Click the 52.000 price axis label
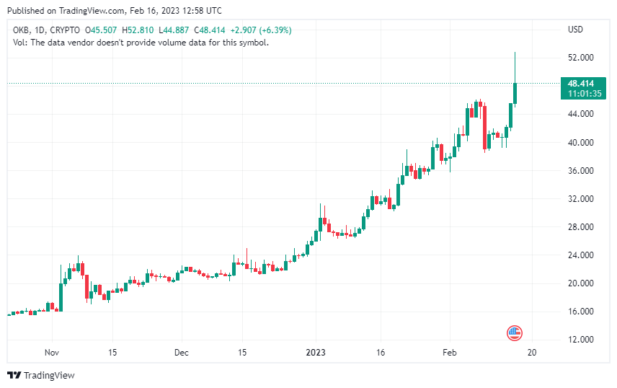[581, 58]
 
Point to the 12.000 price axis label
[581, 340]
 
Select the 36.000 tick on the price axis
[581, 171]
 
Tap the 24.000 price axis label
[581, 255]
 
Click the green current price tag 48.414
[581, 84]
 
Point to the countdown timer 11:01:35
[581, 94]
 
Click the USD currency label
[575, 30]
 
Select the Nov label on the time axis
[51, 353]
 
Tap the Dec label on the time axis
[182, 353]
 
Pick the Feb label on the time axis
[450, 353]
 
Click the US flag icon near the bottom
[515, 333]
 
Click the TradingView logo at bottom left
[41, 375]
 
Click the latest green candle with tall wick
[515, 92]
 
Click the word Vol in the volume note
[19, 43]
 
